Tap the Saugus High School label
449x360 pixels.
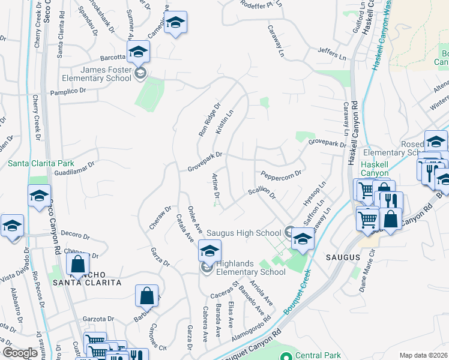pos(243,233)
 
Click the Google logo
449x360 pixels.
pos(20,353)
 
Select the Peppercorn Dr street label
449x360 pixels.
pos(280,173)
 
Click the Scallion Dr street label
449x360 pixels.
pos(261,193)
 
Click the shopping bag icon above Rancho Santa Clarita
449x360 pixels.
pos(78,263)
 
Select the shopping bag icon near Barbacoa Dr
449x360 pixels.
pos(146,295)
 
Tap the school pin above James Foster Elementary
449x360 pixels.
pos(138,52)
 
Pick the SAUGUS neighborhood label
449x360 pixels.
pos(342,257)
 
